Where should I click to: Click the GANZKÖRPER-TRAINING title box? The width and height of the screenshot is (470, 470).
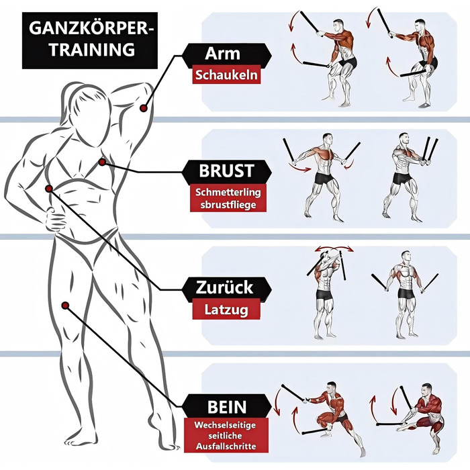pyautogui.click(x=89, y=40)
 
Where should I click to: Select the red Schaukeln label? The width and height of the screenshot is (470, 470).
pyautogui.click(x=226, y=75)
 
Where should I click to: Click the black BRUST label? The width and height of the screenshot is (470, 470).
pyautogui.click(x=227, y=171)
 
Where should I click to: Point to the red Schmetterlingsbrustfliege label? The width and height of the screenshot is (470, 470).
pyautogui.click(x=228, y=198)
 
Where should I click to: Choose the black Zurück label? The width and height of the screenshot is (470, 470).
pyautogui.click(x=227, y=287)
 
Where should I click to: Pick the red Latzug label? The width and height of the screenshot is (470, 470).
pyautogui.click(x=226, y=310)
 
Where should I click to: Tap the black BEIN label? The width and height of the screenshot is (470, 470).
pyautogui.click(x=227, y=406)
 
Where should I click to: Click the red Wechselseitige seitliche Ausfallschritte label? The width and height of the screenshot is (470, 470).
pyautogui.click(x=226, y=436)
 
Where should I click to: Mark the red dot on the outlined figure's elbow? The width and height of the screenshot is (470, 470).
pyautogui.click(x=143, y=108)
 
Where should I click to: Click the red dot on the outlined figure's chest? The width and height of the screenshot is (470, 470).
pyautogui.click(x=102, y=162)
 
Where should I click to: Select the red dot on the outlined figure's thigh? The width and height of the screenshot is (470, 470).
pyautogui.click(x=65, y=305)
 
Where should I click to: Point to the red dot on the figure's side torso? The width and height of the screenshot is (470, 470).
pyautogui.click(x=49, y=189)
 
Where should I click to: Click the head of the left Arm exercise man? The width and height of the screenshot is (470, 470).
pyautogui.click(x=338, y=26)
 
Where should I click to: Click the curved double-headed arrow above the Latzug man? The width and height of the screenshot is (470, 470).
pyautogui.click(x=334, y=249)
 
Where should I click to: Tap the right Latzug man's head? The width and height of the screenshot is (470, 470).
pyautogui.click(x=406, y=257)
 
